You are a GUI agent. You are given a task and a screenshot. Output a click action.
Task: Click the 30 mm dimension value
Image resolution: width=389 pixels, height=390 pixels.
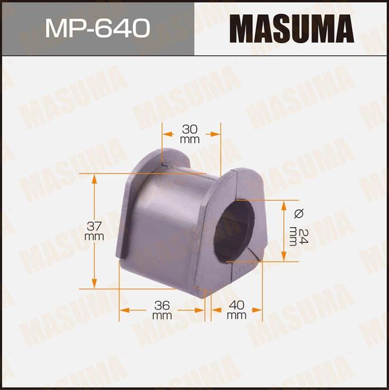(190, 134)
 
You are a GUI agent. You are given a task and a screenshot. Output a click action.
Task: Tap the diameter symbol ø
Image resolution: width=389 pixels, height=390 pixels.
(298, 213)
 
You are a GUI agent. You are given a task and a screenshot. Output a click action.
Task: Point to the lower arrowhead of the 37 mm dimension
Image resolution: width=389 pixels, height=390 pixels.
(94, 284)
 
